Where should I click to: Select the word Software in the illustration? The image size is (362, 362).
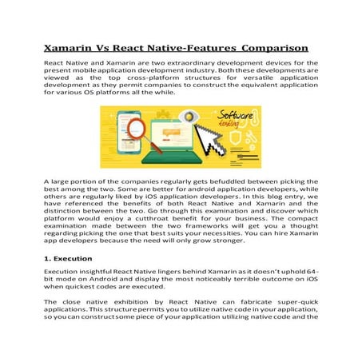(x=236, y=121)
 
